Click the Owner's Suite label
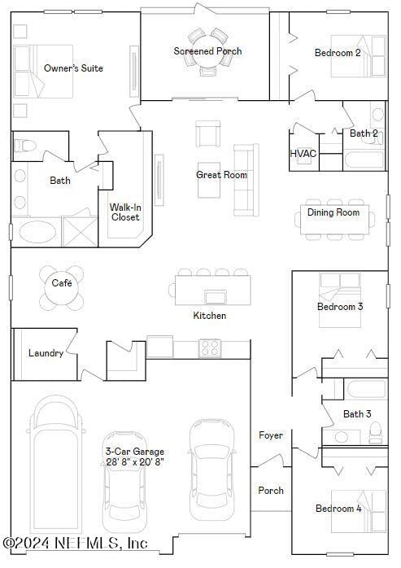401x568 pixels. click(73, 68)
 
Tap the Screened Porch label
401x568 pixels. click(207, 51)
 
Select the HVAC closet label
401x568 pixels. click(303, 153)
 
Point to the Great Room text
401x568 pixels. click(221, 175)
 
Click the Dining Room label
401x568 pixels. click(333, 212)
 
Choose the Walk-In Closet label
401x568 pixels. click(125, 212)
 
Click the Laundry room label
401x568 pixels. click(46, 353)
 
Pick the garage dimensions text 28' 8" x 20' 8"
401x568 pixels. click(134, 461)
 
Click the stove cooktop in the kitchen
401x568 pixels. click(210, 348)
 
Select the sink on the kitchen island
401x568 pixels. click(216, 296)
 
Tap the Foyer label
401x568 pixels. click(271, 435)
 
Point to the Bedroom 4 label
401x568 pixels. click(339, 509)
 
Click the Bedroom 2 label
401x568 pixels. click(338, 53)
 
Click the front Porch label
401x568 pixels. click(271, 491)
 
